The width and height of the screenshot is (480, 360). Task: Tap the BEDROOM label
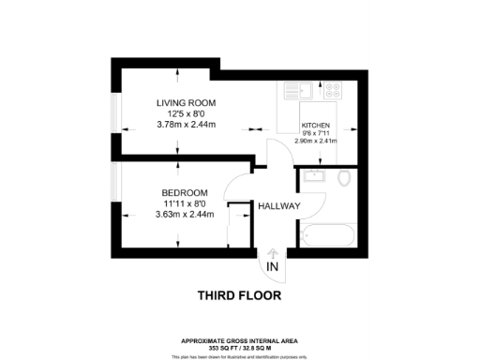[x=184, y=193]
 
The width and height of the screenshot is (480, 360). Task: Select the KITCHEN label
[x=315, y=126]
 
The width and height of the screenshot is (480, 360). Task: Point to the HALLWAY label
[x=278, y=206]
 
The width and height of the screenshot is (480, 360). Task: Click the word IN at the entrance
[x=273, y=267]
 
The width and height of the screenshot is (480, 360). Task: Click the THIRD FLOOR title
[x=240, y=296]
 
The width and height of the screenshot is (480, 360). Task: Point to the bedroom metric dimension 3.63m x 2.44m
[x=185, y=215]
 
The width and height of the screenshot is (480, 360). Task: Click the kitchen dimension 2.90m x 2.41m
[x=315, y=141]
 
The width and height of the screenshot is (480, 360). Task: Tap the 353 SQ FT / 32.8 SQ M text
[x=240, y=346]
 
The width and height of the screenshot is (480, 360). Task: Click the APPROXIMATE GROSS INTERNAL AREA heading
[x=240, y=339]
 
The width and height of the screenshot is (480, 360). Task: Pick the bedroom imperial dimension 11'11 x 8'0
[x=185, y=203]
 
